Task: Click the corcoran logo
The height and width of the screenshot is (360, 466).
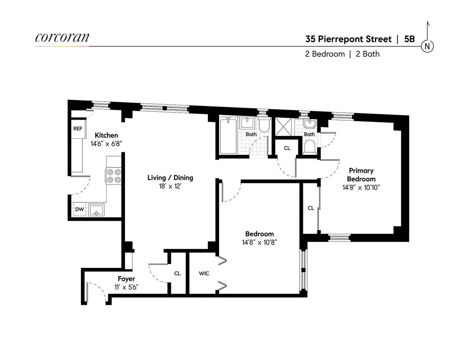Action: pyautogui.click(x=62, y=38)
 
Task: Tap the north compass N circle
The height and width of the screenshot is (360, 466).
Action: pyautogui.click(x=427, y=47)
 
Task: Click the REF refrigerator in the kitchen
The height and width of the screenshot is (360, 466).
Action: pyautogui.click(x=78, y=129)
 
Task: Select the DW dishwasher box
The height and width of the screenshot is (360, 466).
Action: pyautogui.click(x=79, y=210)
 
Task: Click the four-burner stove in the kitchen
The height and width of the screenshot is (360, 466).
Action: pyautogui.click(x=114, y=176)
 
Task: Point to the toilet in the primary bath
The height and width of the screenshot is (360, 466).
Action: pyautogui.click(x=310, y=147)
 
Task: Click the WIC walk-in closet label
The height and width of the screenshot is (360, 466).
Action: pyautogui.click(x=204, y=273)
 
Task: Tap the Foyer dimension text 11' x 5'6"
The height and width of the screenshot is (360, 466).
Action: pyautogui.click(x=126, y=287)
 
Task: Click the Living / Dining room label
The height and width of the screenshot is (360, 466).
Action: pyautogui.click(x=170, y=178)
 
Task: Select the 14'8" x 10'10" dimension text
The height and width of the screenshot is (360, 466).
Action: pyautogui.click(x=361, y=187)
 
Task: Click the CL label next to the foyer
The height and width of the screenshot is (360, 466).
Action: pyautogui.click(x=177, y=273)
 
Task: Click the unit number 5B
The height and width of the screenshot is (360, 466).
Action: pyautogui.click(x=409, y=39)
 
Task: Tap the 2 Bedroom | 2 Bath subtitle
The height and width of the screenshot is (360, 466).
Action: pyautogui.click(x=342, y=54)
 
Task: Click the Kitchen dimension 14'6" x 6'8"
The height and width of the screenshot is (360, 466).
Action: pyautogui.click(x=106, y=143)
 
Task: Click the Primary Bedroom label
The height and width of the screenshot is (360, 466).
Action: pyautogui.click(x=361, y=175)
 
